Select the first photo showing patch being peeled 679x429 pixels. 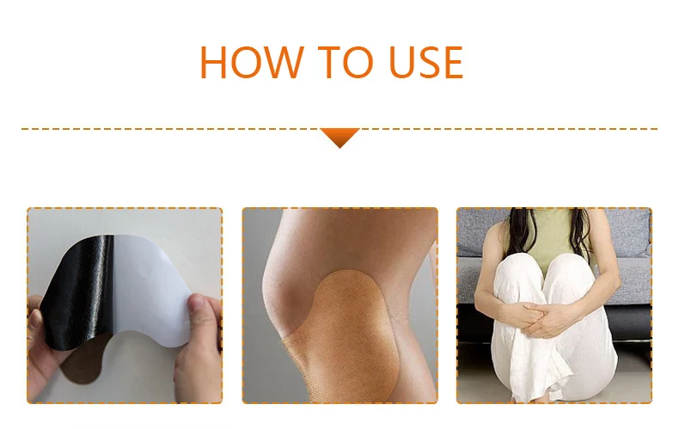(x=125, y=305)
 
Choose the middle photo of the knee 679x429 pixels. (x=339, y=305)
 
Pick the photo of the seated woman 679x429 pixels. (x=554, y=305)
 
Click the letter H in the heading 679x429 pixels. (x=216, y=62)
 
